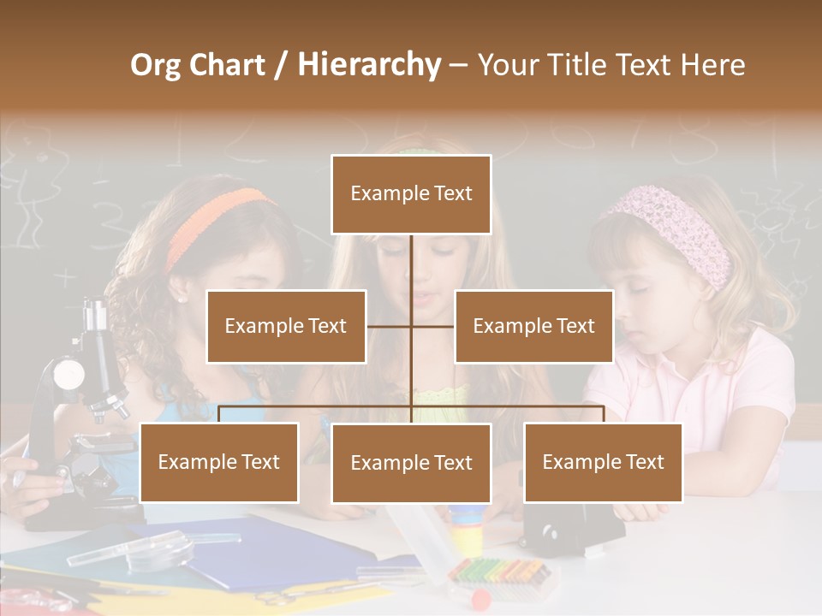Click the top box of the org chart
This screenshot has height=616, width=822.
(411, 194)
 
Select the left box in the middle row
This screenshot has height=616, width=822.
(286, 326)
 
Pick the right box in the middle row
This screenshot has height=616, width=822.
(533, 326)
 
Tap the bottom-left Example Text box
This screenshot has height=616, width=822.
(219, 462)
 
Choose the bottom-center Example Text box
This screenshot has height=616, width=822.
(411, 463)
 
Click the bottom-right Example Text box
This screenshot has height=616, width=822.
(603, 462)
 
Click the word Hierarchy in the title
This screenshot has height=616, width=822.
(369, 65)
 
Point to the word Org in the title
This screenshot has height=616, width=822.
(155, 65)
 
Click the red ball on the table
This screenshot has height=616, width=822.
(479, 595)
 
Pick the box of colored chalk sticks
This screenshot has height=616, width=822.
(501, 571)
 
